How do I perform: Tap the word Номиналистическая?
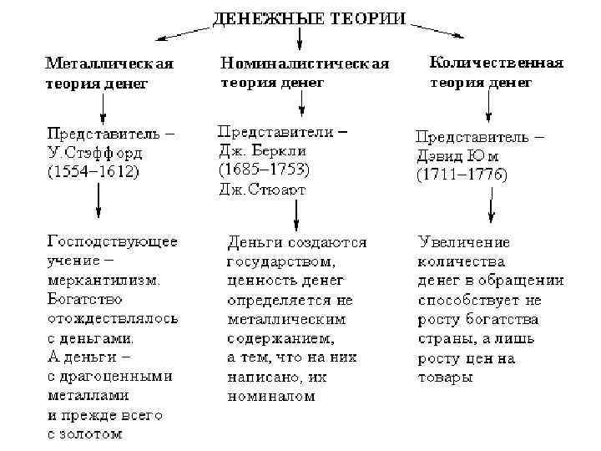point(305,63)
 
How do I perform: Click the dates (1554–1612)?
point(93,173)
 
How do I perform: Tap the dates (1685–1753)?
point(264,170)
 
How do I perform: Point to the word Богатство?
point(85,299)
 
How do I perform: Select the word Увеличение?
point(464,242)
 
